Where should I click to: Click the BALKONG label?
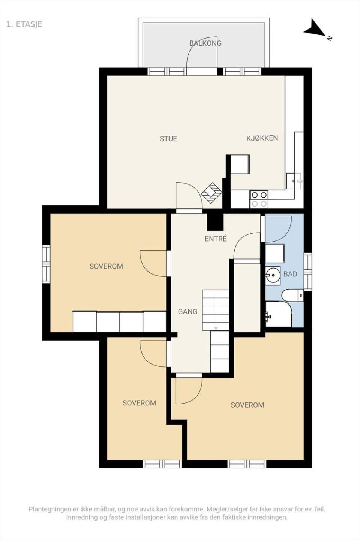coord(205,43)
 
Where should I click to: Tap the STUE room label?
coord(168,139)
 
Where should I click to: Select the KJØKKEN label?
coord(262,138)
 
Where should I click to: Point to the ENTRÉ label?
coord(216,238)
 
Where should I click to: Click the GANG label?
coord(187,312)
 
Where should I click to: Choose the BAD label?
coord(290,274)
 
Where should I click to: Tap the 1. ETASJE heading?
coord(24,24)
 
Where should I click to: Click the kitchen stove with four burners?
coord(259,199)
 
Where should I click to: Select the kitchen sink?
coord(294,181)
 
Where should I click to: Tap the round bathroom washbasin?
coord(273,274)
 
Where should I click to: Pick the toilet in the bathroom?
coord(292,295)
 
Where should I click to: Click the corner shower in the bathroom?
coord(279,314)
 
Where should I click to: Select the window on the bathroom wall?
coord(307,272)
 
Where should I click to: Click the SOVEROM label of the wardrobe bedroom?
coord(106,266)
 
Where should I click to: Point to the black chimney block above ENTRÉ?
coord(215,222)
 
